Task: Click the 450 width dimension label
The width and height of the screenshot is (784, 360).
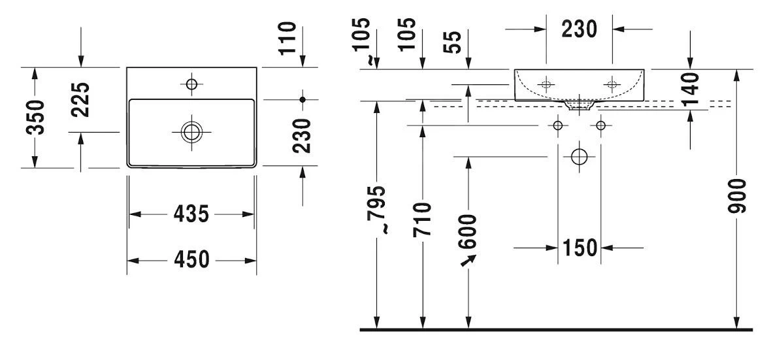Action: point(191,260)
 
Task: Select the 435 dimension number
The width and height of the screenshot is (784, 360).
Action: point(191,214)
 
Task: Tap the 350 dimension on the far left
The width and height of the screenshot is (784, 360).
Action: point(36,117)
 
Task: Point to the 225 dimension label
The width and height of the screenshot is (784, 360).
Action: point(80,99)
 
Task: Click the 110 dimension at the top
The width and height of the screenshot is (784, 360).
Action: point(287,39)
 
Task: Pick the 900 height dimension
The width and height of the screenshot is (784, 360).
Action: point(738,196)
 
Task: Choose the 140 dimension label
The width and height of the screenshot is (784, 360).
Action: point(690,89)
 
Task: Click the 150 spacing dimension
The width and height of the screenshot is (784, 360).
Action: point(580,248)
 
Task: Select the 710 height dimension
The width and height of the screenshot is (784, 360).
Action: point(423,219)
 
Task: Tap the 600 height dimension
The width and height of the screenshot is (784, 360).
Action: point(468,232)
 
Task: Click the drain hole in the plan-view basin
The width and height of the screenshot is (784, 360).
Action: point(191,131)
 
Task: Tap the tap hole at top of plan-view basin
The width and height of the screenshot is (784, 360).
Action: point(191,84)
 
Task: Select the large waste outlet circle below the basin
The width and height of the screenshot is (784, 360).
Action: point(580,156)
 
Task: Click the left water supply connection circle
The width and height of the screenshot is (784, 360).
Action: point(558,125)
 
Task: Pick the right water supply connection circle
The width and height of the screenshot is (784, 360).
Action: point(601,125)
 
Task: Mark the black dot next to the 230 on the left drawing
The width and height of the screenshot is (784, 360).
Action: point(302,99)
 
